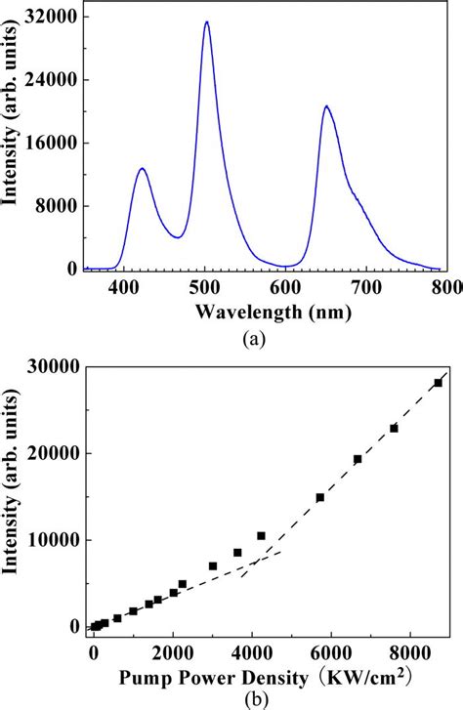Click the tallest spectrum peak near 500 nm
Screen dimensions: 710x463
(x=206, y=22)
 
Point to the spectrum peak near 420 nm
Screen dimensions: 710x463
(x=142, y=169)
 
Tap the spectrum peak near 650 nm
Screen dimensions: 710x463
(x=326, y=106)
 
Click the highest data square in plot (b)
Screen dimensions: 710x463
(x=438, y=383)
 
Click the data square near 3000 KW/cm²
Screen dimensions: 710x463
(x=212, y=565)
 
